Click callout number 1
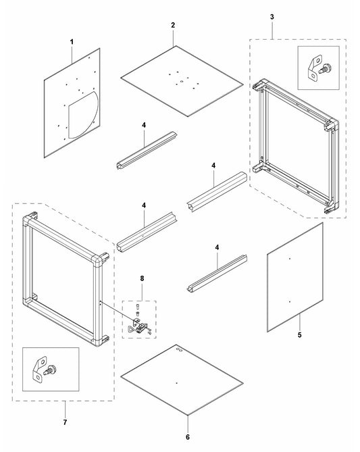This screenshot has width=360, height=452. tap(72, 42)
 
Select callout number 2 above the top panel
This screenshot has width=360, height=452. tap(173, 26)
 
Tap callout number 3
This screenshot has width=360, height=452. tap(272, 17)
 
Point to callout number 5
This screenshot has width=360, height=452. tap(300, 335)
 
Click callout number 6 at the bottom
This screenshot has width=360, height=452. tap(188, 437)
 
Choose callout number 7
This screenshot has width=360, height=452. tap(65, 422)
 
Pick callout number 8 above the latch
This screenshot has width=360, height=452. tap(142, 278)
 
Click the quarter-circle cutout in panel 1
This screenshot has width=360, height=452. tap(83, 115)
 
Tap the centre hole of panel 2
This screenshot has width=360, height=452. tap(181, 82)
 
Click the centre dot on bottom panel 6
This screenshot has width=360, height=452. tap(177, 383)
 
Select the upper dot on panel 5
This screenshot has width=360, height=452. tap(290, 259)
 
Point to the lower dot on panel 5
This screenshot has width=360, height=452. tap(289, 302)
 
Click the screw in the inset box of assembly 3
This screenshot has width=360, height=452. tap(325, 69)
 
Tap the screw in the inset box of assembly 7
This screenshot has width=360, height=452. tap(49, 370)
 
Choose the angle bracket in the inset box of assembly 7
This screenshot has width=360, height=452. tap(39, 370)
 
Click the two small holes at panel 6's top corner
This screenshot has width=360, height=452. tap(179, 349)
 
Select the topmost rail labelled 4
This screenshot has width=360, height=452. tap(147, 150)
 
